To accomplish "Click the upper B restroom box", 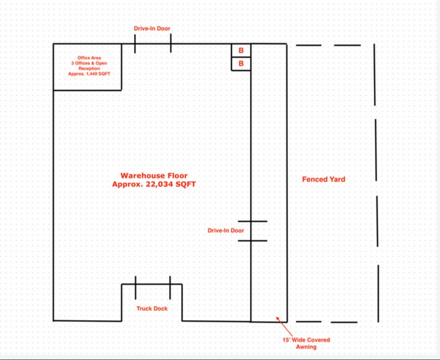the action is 241,51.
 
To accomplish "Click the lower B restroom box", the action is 241,64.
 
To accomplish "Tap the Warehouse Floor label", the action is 154,176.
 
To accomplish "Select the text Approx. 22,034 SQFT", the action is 154,184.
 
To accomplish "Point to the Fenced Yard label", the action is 324,179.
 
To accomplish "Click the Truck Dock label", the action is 152,309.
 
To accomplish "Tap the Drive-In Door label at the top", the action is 152,28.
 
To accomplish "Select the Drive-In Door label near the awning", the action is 226,230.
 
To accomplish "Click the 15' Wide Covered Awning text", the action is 306,343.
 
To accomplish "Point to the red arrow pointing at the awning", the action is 285,326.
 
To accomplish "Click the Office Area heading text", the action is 89,58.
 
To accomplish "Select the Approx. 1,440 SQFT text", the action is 89,74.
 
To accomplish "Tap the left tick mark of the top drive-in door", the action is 135,44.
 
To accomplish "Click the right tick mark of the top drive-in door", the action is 171,43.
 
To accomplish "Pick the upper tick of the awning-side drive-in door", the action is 253,221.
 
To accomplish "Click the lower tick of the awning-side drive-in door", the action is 253,241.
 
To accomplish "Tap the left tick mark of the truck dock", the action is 135,288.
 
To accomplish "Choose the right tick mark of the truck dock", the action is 170,288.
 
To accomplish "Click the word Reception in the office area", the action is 89,69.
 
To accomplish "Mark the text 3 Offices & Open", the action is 89,63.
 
